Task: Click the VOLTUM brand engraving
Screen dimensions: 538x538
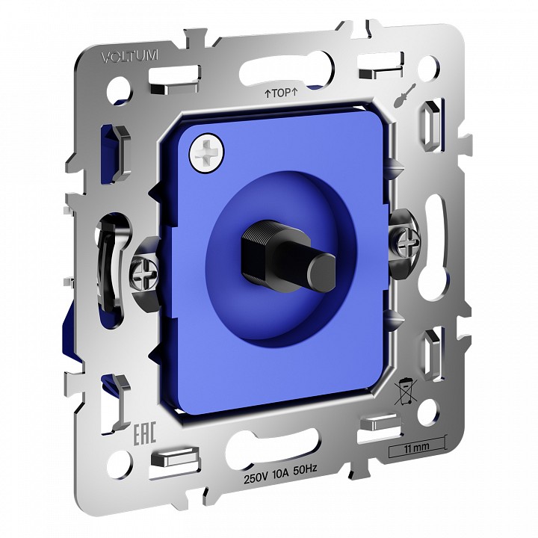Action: [x=130, y=56]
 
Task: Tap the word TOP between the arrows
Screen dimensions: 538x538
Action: [x=281, y=93]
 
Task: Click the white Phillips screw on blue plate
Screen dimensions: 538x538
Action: [x=206, y=151]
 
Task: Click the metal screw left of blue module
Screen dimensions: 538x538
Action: [x=145, y=273]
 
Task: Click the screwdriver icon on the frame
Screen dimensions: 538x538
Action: [x=405, y=96]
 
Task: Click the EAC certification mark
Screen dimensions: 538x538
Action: [x=144, y=433]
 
